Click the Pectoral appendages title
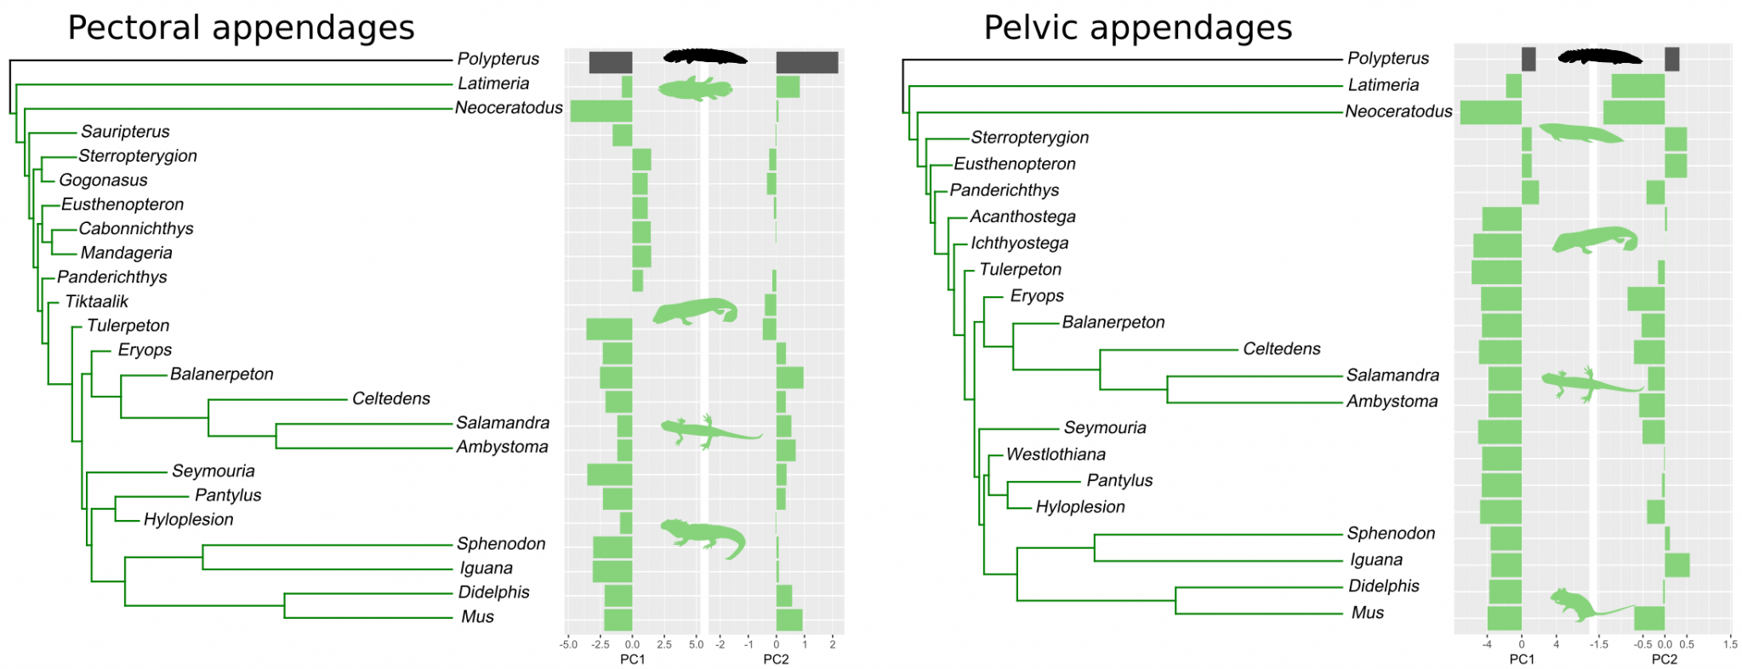click(x=241, y=27)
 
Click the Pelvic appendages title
click(x=1137, y=27)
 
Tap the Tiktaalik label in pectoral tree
click(x=96, y=301)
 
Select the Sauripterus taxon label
click(x=125, y=131)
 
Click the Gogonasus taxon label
click(x=103, y=180)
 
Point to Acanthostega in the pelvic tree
click(x=1022, y=216)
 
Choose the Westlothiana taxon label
click(x=1056, y=454)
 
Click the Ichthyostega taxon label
click(x=1019, y=243)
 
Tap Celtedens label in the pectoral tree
click(x=390, y=398)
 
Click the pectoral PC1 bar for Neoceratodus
click(x=601, y=111)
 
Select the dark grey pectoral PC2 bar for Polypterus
click(x=806, y=62)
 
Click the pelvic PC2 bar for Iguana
click(x=1677, y=565)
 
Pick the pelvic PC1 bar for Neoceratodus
click(x=1490, y=112)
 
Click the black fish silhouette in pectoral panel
click(x=704, y=57)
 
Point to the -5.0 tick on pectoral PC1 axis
click(x=568, y=644)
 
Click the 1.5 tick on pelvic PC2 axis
click(x=1729, y=644)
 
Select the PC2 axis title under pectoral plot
click(x=776, y=659)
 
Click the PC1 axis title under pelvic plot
click(x=1522, y=659)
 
